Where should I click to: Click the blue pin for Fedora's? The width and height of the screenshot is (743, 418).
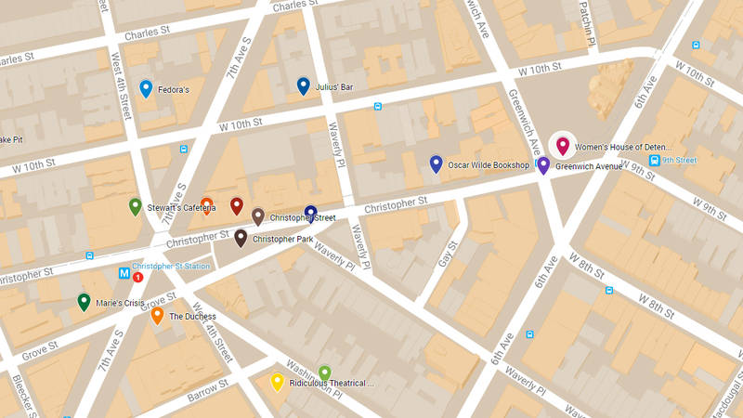coord(146,88)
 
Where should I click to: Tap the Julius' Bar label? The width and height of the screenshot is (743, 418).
coord(333,87)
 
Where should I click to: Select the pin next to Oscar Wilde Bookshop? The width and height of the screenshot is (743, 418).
coord(436,163)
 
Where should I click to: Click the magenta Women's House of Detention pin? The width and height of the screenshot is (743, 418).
coord(562,145)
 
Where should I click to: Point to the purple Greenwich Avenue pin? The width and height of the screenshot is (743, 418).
coord(544,164)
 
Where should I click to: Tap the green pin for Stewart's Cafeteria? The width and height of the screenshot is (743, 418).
coord(136,206)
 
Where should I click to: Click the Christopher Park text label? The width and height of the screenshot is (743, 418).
coord(283,239)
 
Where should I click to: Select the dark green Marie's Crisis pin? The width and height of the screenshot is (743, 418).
coord(84,301)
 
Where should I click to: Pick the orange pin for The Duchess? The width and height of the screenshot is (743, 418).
coord(157,315)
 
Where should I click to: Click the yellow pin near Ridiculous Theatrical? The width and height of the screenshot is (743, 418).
coord(277,381)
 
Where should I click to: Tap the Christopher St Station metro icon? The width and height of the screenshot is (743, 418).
coord(123,273)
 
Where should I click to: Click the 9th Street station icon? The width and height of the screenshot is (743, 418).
coord(655,160)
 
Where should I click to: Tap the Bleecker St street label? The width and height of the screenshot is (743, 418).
coord(20,395)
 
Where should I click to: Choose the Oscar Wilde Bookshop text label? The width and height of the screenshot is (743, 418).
coord(489,165)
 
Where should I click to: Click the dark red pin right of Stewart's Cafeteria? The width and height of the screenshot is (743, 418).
coord(236,205)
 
